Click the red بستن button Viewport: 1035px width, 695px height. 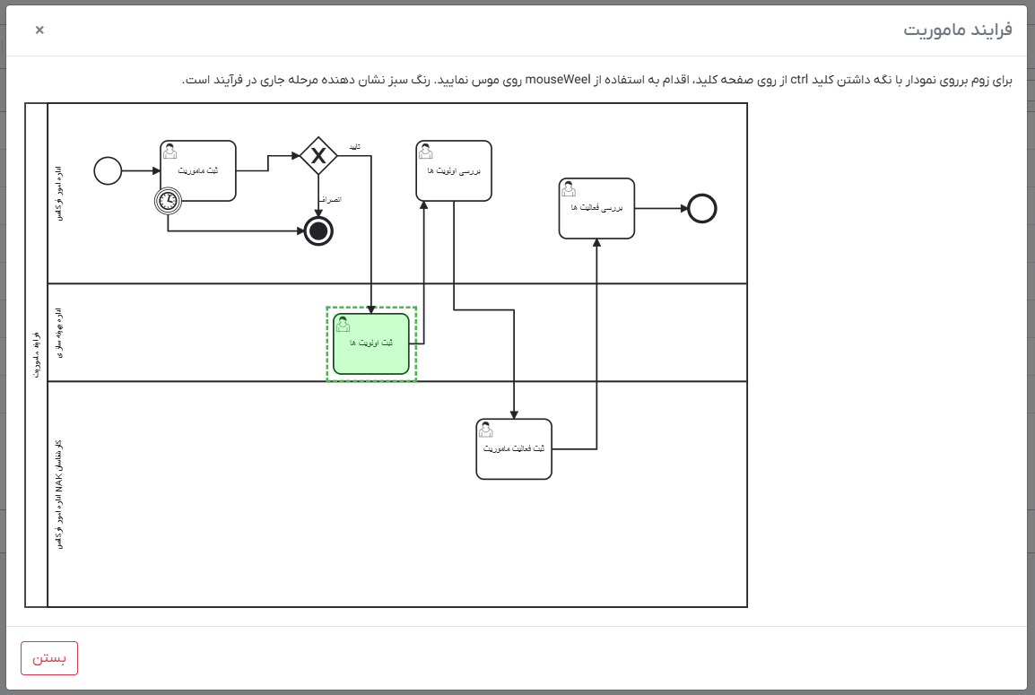point(49,657)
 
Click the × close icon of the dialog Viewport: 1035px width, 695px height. point(39,30)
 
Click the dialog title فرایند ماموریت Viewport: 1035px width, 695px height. point(957,30)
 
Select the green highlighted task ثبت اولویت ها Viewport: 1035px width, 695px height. point(370,343)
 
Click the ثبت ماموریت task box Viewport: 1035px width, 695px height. point(198,170)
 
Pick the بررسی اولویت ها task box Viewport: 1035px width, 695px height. point(454,170)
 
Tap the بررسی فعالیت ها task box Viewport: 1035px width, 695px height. point(596,208)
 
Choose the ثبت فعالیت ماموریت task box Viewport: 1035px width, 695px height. point(514,448)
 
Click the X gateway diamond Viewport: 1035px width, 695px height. point(317,156)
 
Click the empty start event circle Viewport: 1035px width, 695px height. point(108,170)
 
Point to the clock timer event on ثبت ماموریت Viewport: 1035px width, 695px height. point(168,201)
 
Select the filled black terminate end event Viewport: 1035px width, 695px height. point(318,230)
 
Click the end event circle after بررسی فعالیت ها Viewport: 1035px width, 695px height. point(702,208)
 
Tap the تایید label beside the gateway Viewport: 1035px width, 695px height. point(355,146)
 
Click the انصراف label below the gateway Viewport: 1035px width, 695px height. point(331,199)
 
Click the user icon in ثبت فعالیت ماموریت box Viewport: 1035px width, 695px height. point(486,430)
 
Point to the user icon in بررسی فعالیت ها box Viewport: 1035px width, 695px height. point(569,188)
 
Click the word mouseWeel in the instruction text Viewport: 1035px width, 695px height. point(558,80)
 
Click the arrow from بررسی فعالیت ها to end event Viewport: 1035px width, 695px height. point(660,208)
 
